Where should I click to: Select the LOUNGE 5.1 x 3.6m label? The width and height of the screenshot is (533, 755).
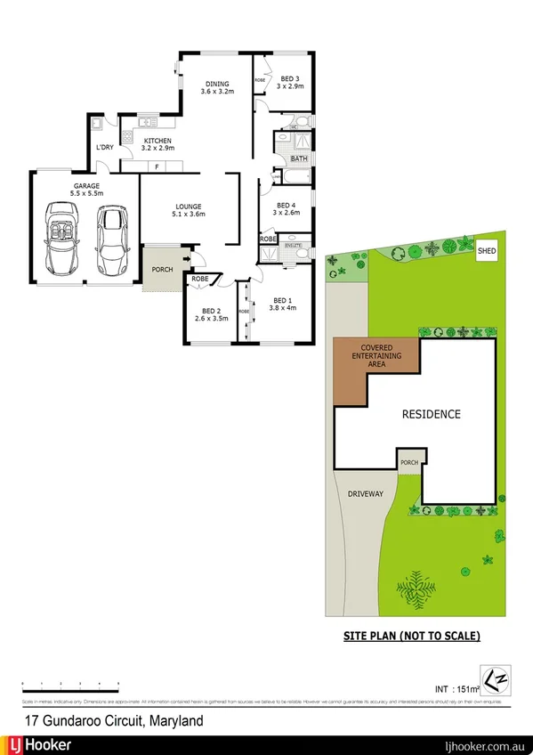[x=189, y=210]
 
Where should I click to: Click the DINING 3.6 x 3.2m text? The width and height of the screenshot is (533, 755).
[x=217, y=87]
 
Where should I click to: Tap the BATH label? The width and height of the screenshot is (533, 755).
[x=299, y=159]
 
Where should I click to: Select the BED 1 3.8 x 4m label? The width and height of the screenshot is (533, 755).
[x=282, y=304]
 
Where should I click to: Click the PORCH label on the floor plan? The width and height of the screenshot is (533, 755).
[x=162, y=270]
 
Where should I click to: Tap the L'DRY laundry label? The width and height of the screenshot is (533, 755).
[x=105, y=149]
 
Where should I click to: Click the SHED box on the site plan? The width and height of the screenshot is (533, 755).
[x=487, y=252]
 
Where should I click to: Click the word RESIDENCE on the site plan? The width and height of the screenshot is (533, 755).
[x=431, y=414]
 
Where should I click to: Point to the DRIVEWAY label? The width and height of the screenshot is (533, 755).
[x=365, y=493]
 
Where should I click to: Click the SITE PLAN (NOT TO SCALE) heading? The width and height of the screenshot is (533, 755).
[x=412, y=636]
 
